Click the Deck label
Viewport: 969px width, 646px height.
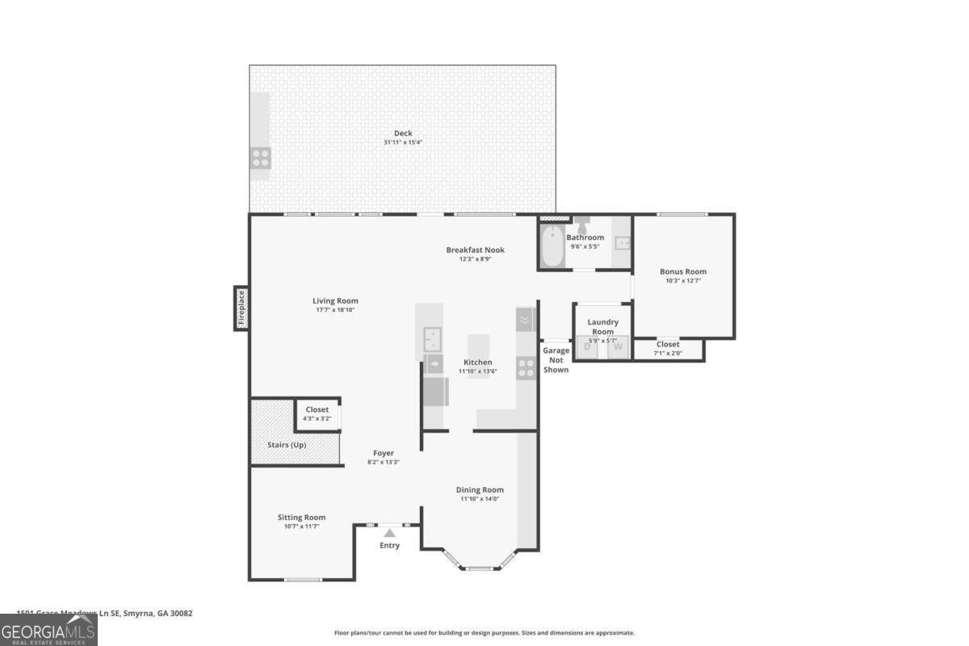click(403, 133)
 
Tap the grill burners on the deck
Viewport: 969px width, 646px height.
click(260, 157)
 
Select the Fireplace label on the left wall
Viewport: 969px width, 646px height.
click(241, 308)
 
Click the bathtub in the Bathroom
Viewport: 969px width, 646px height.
click(552, 247)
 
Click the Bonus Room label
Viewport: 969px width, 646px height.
click(683, 272)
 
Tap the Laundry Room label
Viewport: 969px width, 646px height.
click(602, 327)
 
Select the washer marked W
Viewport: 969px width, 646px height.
click(618, 347)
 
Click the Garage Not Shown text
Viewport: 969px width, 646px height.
click(556, 360)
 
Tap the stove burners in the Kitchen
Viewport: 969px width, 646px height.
click(526, 368)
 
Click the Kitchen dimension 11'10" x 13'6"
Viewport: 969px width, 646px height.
click(478, 371)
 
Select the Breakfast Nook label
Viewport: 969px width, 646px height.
click(475, 250)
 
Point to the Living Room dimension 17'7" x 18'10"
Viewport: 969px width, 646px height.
click(335, 310)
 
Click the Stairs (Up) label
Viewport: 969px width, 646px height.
click(287, 445)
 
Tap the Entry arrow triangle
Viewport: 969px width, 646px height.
click(389, 533)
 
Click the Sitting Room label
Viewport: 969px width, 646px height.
click(301, 518)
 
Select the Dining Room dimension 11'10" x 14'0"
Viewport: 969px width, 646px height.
click(480, 499)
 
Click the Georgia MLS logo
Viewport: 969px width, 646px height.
click(48, 630)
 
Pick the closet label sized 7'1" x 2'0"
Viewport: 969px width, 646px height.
click(668, 353)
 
